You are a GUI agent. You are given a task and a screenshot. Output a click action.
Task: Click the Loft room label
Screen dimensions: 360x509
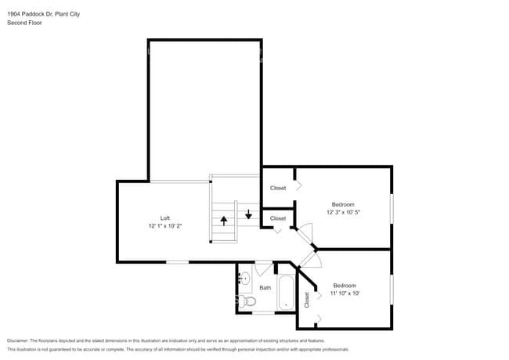(x=165, y=218)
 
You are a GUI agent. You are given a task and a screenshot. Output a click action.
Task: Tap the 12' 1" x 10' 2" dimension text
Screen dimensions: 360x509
(x=165, y=226)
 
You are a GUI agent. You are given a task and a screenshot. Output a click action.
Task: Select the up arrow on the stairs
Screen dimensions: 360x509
(x=223, y=220)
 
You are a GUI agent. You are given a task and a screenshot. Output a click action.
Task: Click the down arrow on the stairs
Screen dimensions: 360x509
(x=248, y=214)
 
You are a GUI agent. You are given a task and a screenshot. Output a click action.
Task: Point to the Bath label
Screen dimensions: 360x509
(x=265, y=287)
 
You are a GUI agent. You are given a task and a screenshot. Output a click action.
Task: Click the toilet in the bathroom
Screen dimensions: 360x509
(x=248, y=301)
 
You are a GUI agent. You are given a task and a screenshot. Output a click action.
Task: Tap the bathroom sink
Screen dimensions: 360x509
(x=244, y=277)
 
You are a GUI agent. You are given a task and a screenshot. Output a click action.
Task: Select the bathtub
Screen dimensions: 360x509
(x=285, y=293)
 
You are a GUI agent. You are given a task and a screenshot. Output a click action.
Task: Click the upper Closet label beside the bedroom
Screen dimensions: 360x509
(x=278, y=188)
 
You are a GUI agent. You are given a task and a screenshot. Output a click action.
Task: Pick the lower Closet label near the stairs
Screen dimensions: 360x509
(x=278, y=218)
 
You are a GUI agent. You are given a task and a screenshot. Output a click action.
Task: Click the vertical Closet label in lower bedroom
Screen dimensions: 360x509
(x=307, y=299)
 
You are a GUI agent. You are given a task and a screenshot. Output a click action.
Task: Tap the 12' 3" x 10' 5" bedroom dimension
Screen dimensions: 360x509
(x=344, y=212)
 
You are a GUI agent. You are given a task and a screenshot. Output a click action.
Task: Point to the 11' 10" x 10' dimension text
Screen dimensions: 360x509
(x=345, y=293)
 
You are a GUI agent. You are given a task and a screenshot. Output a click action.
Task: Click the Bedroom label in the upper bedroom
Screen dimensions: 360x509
(x=344, y=203)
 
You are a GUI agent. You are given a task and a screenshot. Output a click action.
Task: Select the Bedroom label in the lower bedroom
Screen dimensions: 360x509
(x=345, y=285)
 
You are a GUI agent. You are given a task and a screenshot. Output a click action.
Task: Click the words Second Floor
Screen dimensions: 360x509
(x=24, y=23)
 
